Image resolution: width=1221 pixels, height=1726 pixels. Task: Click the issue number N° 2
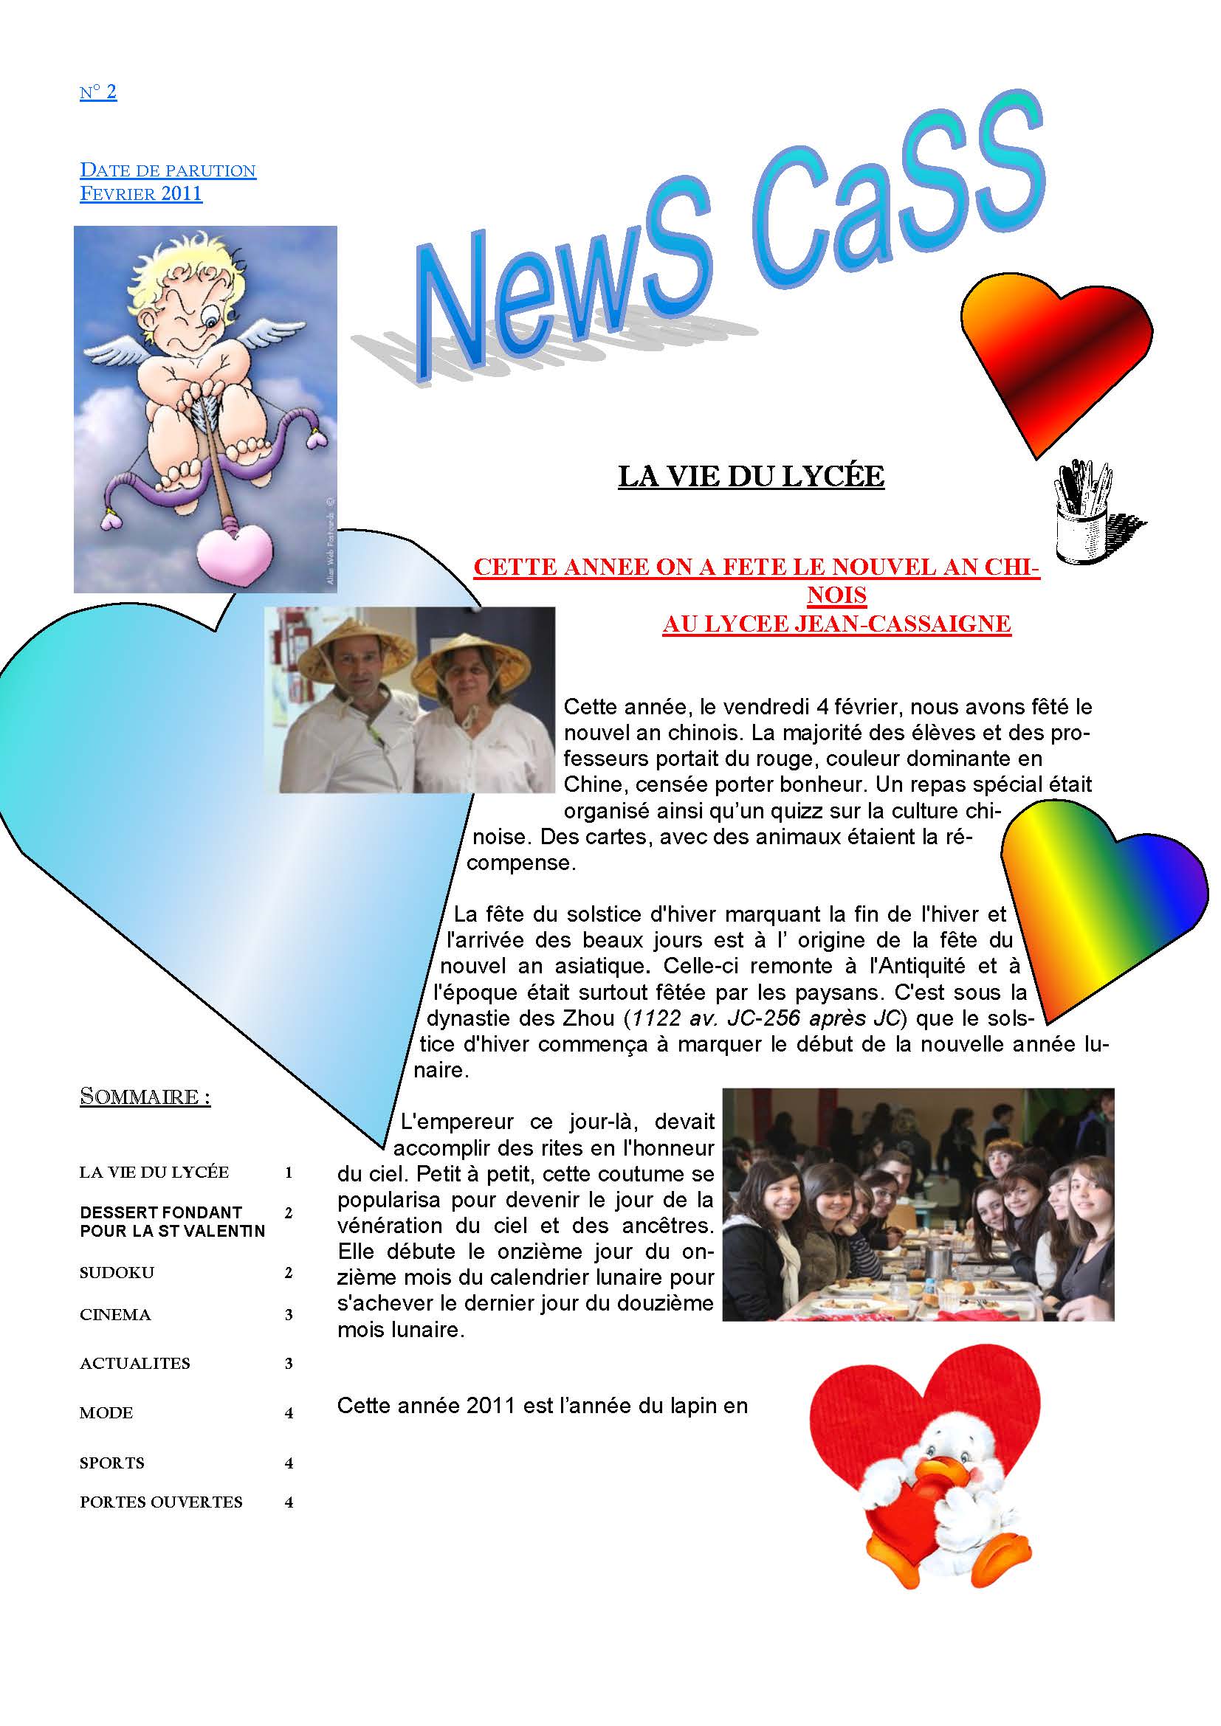coord(97,92)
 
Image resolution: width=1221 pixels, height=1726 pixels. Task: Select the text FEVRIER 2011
coord(140,194)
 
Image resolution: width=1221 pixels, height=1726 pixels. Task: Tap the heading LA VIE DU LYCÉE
coord(750,476)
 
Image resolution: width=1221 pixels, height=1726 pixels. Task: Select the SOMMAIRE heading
coord(145,1097)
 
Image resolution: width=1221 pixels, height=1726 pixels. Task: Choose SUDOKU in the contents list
coord(117,1273)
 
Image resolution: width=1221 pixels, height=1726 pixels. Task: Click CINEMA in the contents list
coord(115,1315)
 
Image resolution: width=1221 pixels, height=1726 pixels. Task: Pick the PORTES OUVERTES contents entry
coord(161,1502)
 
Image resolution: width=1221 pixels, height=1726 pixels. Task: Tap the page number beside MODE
coord(289,1413)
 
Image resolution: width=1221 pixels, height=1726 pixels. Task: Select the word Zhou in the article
coord(595,1018)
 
